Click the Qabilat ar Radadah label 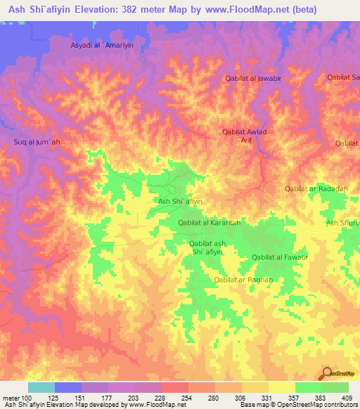316,189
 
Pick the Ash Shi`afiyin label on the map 180,201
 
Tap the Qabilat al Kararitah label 210,223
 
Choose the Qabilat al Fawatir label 281,258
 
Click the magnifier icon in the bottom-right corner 327,373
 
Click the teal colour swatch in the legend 41,387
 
